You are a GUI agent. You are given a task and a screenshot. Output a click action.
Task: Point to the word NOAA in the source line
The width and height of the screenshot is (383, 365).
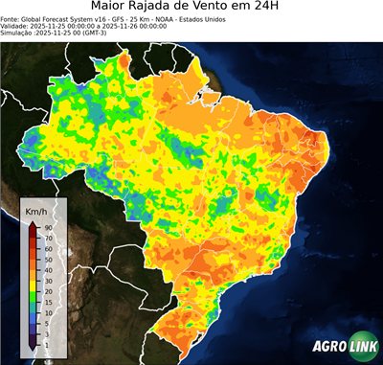[175, 23]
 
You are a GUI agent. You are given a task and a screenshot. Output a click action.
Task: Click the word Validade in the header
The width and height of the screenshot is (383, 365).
[16, 32]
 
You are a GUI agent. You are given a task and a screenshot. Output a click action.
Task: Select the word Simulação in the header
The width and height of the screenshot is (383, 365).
[18, 40]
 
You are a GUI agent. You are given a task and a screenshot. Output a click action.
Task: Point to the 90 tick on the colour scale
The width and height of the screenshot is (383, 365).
[48, 227]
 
